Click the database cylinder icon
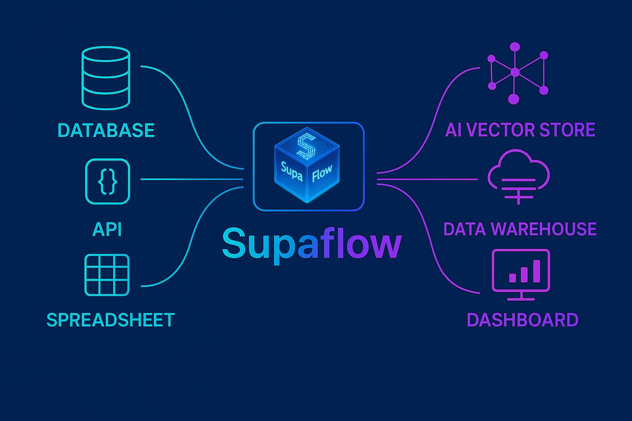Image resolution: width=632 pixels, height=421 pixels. pyautogui.click(x=106, y=78)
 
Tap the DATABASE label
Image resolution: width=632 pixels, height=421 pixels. pyautogui.click(x=106, y=130)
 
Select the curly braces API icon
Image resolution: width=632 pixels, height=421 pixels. pyautogui.click(x=107, y=181)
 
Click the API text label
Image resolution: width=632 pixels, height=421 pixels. pyautogui.click(x=107, y=229)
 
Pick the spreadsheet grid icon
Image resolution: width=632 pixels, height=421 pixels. pyautogui.click(x=107, y=275)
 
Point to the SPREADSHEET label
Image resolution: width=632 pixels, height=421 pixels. pyautogui.click(x=111, y=320)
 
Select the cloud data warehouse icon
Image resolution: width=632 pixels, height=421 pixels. pyautogui.click(x=518, y=176)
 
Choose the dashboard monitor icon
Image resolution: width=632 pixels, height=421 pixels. pyautogui.click(x=521, y=273)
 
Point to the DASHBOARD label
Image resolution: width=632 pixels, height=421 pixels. pyautogui.click(x=523, y=320)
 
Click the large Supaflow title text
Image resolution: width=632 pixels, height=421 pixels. pyautogui.click(x=311, y=244)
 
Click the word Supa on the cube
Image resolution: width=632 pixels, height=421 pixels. pyautogui.click(x=292, y=171)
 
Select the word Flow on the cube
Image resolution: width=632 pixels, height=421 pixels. pyautogui.click(x=322, y=173)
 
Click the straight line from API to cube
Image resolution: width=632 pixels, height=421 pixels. pyautogui.click(x=191, y=179)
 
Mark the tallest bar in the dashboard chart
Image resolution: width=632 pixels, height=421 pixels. pyautogui.click(x=536, y=271)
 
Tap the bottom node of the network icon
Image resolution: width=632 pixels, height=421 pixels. pyautogui.click(x=513, y=99)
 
